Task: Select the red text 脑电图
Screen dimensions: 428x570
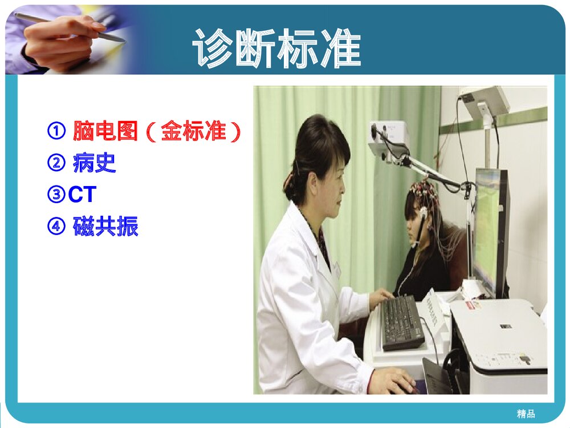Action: point(105,132)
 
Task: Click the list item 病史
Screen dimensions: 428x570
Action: point(95,164)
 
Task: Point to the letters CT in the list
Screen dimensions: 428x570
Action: point(82,195)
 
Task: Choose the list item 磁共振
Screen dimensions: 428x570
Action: point(105,227)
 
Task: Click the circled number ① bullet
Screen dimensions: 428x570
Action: point(55,132)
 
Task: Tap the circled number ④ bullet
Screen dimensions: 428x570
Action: point(55,227)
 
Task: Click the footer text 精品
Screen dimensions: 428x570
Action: point(526,414)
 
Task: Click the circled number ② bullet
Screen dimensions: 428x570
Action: point(55,164)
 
